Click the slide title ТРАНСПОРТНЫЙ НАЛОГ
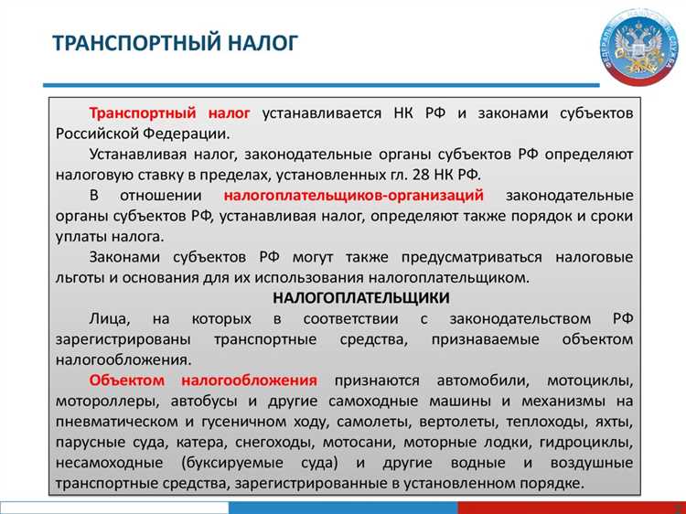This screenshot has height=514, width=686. tap(174, 43)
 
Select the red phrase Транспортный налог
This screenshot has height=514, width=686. tap(169, 113)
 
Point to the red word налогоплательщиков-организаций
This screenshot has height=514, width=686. tap(353, 196)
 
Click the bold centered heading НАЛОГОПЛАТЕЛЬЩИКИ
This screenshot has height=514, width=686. tap(360, 297)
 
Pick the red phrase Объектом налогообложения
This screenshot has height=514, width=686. tap(203, 380)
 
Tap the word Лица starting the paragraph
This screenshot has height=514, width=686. tap(109, 318)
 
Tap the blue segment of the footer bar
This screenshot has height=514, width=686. tap(343, 507)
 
